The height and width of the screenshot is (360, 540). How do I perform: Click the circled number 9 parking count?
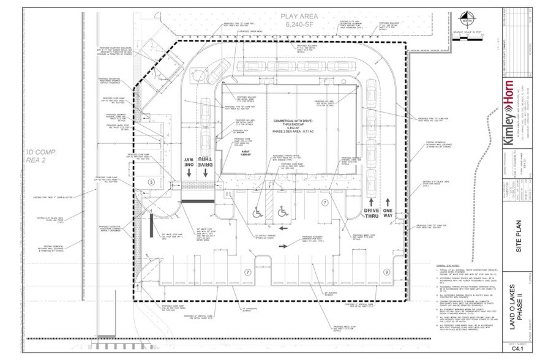pos(386,271)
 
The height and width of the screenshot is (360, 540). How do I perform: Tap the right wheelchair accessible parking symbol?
pos(283,211)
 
